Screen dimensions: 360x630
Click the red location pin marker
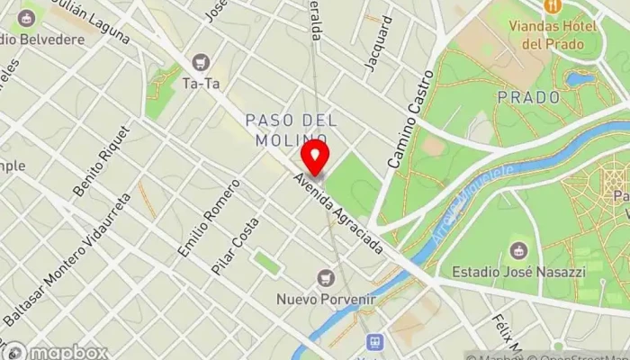tap(315, 158)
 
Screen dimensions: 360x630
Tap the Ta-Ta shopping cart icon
tap(202, 63)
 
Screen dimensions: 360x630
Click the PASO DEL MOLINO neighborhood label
tap(291, 130)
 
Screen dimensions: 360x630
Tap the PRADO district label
tap(528, 97)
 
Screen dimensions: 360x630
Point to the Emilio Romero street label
tap(209, 217)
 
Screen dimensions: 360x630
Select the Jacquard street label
tap(379, 42)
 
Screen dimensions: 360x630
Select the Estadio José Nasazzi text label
tap(517, 272)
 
